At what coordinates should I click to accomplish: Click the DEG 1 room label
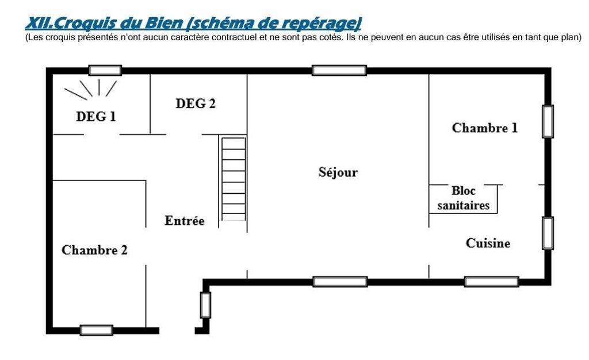click(96, 116)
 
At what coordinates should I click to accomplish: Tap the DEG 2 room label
click(196, 104)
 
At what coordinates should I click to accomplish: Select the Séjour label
click(338, 172)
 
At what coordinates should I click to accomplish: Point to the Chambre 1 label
click(484, 128)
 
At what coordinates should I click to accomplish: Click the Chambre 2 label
click(94, 250)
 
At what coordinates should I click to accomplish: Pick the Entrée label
click(185, 220)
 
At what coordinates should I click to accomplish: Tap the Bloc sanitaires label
click(464, 198)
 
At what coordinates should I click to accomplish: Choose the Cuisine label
click(488, 243)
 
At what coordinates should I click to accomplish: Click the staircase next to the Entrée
click(234, 179)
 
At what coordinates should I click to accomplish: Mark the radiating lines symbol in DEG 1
click(90, 89)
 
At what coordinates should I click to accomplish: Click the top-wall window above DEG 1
click(105, 70)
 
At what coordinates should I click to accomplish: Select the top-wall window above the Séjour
click(339, 70)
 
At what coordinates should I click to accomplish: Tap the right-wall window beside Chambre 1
click(548, 121)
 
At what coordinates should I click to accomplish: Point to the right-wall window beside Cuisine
click(548, 233)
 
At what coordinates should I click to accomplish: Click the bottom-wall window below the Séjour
click(340, 282)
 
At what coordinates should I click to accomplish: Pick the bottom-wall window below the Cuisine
click(492, 282)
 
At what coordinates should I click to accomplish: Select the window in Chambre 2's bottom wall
click(97, 330)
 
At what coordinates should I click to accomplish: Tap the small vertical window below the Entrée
click(205, 305)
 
